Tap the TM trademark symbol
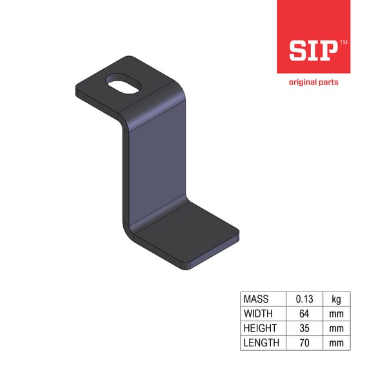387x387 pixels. tap(343, 41)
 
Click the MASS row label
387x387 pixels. tap(257, 299)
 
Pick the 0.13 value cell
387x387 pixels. tap(304, 299)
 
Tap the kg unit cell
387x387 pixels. tap(337, 299)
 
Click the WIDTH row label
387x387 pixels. tap(259, 313)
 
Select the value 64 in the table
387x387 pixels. tap(304, 313)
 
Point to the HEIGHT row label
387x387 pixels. tap(261, 328)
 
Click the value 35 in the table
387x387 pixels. tap(304, 328)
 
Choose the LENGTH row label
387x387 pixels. tap(261, 342)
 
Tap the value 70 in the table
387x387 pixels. tap(304, 342)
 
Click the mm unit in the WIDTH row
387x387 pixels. tap(337, 313)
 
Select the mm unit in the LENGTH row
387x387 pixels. tap(337, 342)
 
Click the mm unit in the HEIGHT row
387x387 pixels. tap(337, 328)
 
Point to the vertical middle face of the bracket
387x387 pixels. tap(155, 168)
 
